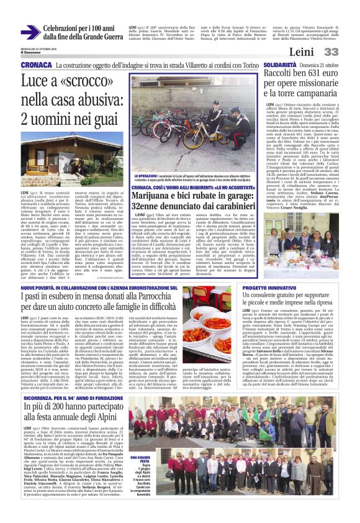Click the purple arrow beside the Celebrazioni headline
click(x=30, y=32)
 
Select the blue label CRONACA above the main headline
click(x=36, y=65)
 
